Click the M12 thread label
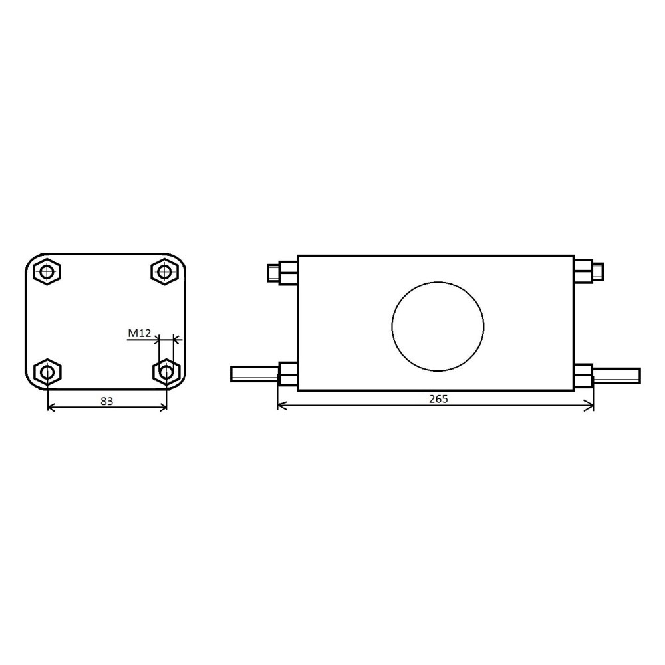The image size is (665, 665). [140, 333]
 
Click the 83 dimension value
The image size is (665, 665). [107, 401]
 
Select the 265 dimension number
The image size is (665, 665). [438, 399]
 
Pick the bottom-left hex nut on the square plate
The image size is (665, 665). [47, 372]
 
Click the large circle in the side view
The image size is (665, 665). [438, 326]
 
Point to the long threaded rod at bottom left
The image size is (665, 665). [255, 374]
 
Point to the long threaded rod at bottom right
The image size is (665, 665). [616, 376]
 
